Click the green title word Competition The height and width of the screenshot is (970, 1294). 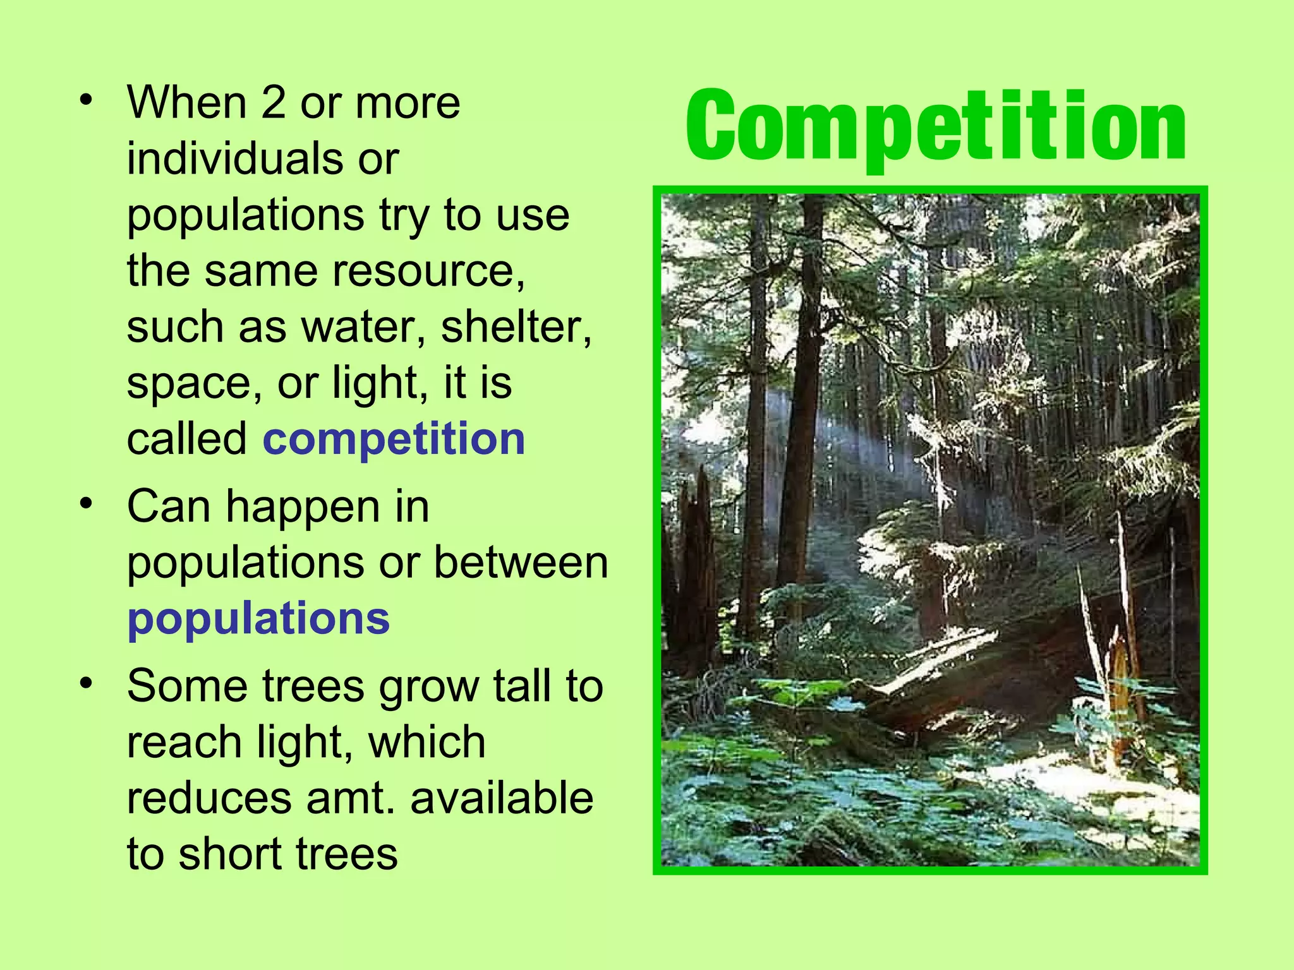click(935, 126)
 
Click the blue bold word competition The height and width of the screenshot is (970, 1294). click(394, 439)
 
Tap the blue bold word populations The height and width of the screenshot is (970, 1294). click(258, 618)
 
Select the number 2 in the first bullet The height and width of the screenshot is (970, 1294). click(273, 103)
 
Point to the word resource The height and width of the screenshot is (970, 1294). click(428, 271)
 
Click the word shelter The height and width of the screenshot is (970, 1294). click(516, 327)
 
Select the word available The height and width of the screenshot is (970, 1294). click(502, 798)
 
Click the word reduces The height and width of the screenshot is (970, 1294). click(209, 798)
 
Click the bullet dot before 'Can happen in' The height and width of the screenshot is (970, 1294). click(86, 504)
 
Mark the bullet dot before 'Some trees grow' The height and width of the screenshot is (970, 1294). click(86, 683)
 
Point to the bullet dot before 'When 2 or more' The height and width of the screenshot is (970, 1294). click(86, 100)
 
